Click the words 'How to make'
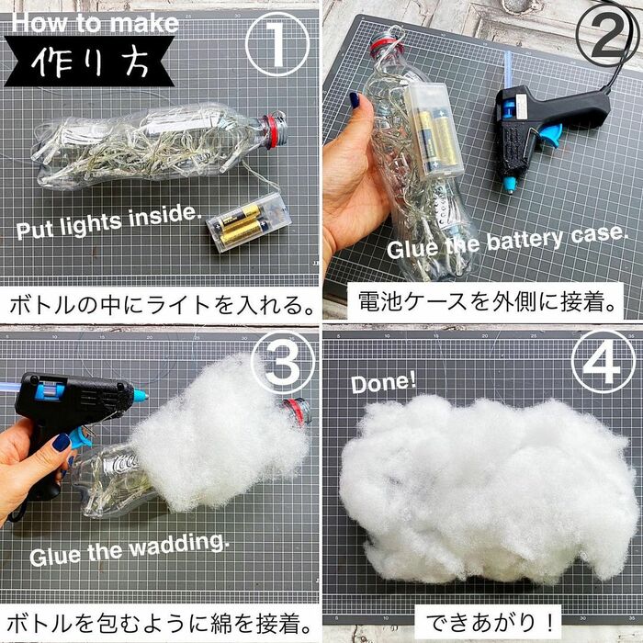click(x=95, y=22)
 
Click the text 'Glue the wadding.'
click(x=129, y=549)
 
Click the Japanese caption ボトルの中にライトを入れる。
click(x=160, y=301)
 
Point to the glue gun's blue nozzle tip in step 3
click(x=140, y=395)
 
